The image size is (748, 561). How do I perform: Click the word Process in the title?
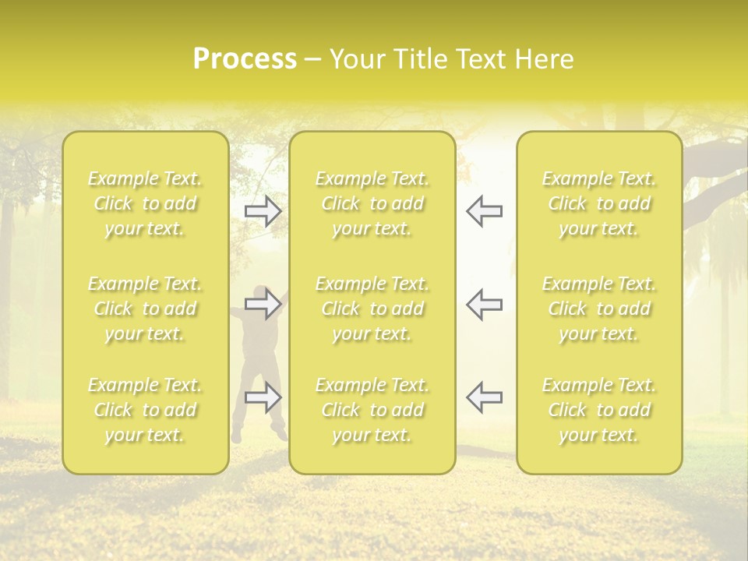pyautogui.click(x=245, y=59)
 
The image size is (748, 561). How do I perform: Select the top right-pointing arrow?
pyautogui.click(x=263, y=211)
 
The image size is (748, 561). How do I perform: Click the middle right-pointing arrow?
pyautogui.click(x=263, y=304)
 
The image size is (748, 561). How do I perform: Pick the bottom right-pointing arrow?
pyautogui.click(x=263, y=397)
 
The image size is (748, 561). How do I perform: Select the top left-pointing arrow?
pyautogui.click(x=485, y=211)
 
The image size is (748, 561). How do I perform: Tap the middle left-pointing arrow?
pyautogui.click(x=485, y=304)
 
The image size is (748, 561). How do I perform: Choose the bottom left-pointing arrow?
pyautogui.click(x=485, y=397)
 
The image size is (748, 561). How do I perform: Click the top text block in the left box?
pyautogui.click(x=145, y=203)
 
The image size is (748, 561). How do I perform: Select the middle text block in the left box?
pyautogui.click(x=145, y=309)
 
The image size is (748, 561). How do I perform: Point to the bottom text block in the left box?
pyautogui.click(x=145, y=410)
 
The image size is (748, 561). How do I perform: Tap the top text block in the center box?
pyautogui.click(x=372, y=203)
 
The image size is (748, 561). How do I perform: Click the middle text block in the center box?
pyautogui.click(x=372, y=309)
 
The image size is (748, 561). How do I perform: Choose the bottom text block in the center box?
pyautogui.click(x=372, y=410)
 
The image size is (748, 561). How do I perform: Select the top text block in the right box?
pyautogui.click(x=599, y=203)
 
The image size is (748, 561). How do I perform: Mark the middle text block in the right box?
pyautogui.click(x=599, y=309)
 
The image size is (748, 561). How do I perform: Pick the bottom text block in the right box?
pyautogui.click(x=599, y=410)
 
